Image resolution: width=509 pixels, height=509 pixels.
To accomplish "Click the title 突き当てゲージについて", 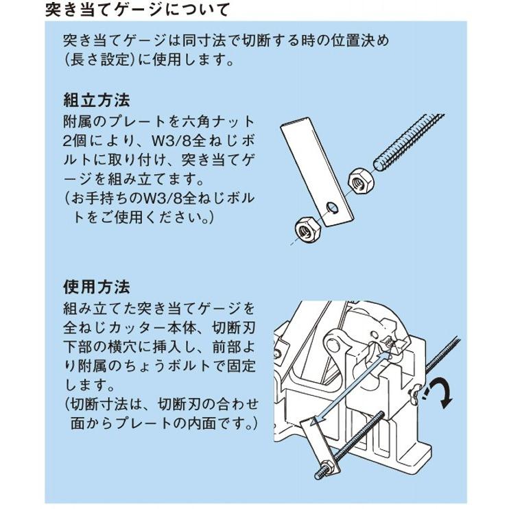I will [137, 10].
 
